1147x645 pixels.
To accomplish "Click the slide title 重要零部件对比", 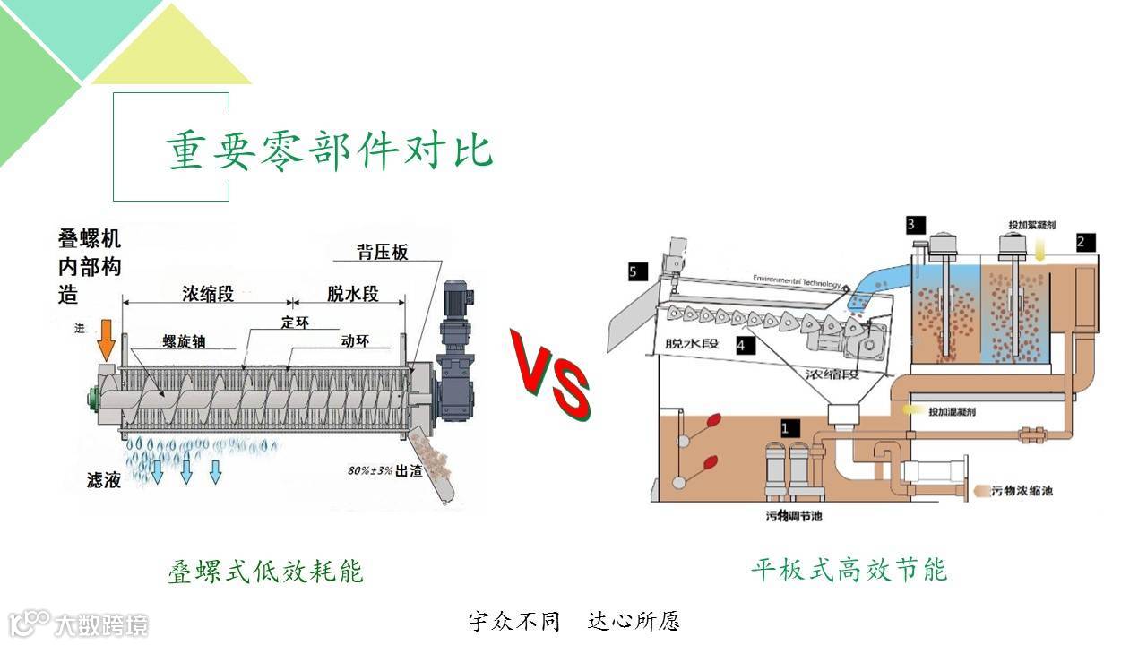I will [330, 150].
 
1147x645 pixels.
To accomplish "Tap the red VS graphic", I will [550, 374].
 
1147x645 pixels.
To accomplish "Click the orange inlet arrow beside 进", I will [106, 339].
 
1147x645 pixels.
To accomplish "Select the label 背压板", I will [382, 253].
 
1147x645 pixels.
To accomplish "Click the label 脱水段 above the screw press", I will [353, 293].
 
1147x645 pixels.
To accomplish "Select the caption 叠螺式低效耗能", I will [265, 571].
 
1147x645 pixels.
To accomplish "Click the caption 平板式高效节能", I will [849, 569].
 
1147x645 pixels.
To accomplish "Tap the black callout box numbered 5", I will [638, 271].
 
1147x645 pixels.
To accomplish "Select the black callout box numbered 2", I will [1084, 241].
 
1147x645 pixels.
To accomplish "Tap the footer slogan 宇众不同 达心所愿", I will [574, 621].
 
